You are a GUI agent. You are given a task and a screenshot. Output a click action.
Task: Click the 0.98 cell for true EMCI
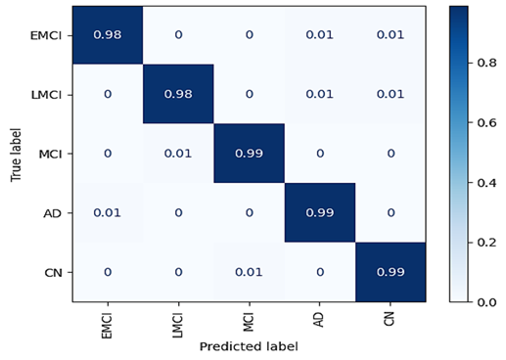[108, 34]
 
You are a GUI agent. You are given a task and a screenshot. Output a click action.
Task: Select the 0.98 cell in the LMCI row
[178, 94]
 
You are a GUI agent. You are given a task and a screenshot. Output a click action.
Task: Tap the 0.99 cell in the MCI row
[249, 154]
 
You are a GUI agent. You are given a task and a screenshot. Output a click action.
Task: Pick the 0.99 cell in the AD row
[320, 212]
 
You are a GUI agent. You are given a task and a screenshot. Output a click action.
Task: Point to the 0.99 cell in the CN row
[391, 272]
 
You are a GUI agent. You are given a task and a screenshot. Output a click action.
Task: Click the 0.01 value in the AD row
[108, 212]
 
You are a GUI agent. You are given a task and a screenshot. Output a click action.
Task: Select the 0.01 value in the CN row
[249, 272]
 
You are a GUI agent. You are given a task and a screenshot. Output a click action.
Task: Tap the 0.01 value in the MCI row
[178, 154]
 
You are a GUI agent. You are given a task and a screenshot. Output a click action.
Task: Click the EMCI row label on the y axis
[46, 35]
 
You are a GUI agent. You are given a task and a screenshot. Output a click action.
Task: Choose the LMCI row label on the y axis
[46, 95]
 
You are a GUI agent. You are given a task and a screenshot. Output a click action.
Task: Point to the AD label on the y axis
[53, 213]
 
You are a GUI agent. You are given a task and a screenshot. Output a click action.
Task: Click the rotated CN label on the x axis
[390, 319]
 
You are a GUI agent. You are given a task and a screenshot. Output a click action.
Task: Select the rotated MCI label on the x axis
[249, 322]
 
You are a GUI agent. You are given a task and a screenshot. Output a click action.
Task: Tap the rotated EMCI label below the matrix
[107, 326]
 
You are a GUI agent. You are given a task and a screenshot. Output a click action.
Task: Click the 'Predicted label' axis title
[249, 346]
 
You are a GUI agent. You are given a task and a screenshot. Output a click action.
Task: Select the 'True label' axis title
[16, 155]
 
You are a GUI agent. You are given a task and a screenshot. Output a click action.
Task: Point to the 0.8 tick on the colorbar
[486, 63]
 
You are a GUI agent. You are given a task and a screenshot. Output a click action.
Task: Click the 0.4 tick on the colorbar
[486, 183]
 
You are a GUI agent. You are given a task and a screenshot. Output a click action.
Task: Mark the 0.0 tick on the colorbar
[486, 302]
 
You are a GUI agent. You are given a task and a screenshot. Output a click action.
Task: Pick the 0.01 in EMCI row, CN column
[391, 34]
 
